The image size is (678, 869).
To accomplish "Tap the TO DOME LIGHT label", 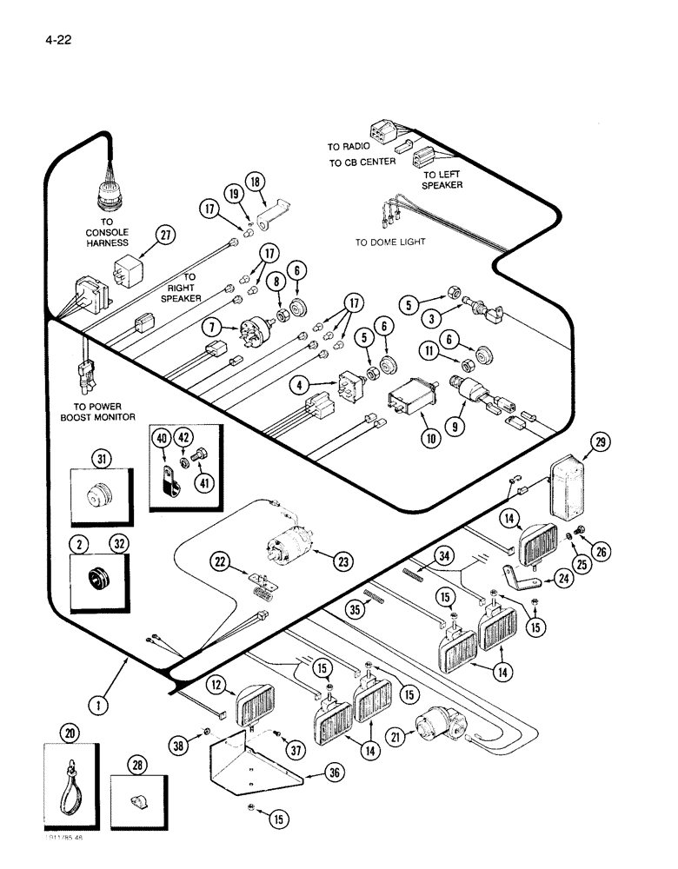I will pyautogui.click(x=390, y=242).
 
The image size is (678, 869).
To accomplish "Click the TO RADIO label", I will pyautogui.click(x=349, y=147).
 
